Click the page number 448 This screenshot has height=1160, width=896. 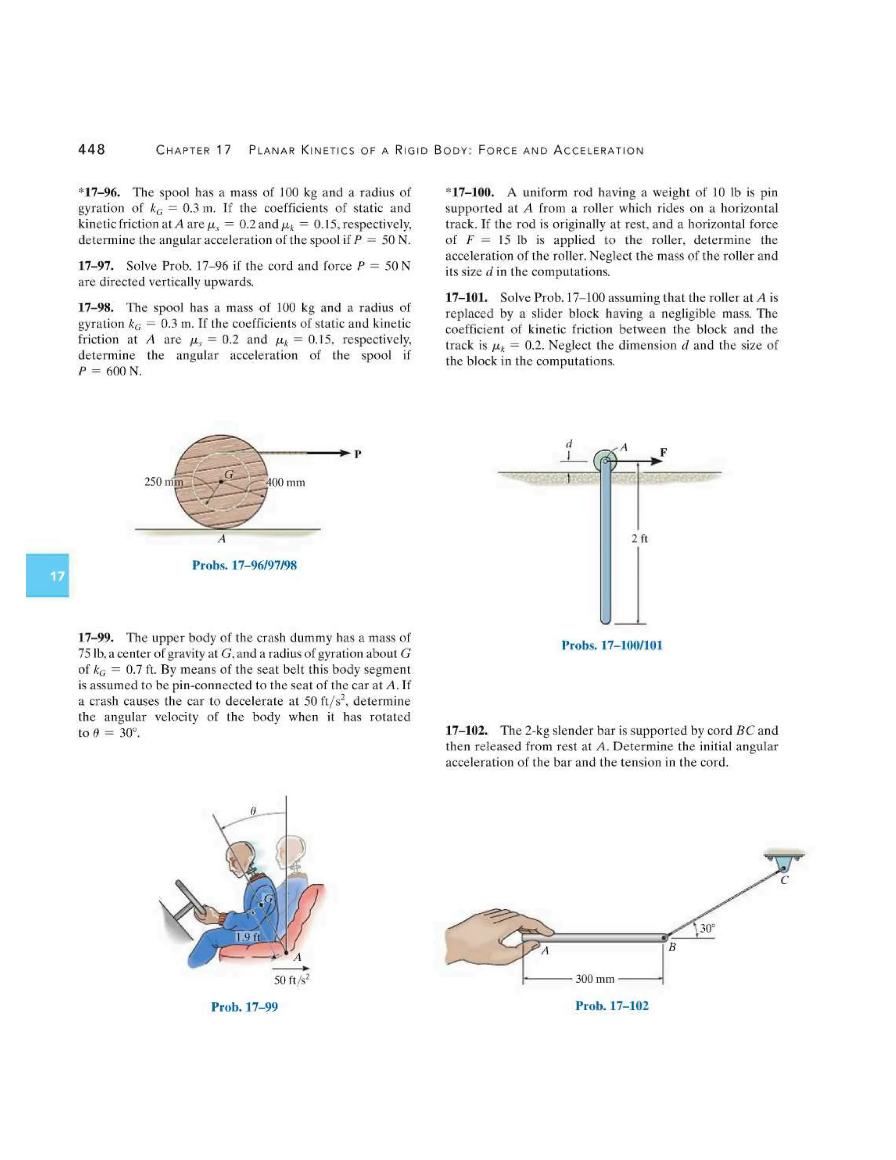point(91,150)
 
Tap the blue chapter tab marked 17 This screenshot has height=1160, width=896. point(48,575)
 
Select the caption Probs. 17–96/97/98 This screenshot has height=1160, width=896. point(244,565)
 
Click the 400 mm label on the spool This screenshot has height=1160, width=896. point(286,482)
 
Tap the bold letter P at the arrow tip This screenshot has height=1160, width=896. point(357,454)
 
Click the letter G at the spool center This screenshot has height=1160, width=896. point(228,475)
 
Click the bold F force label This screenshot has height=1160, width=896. point(663,453)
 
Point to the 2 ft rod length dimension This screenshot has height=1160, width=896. point(640,538)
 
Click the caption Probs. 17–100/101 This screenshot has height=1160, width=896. point(612,645)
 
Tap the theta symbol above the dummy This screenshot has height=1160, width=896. point(253,811)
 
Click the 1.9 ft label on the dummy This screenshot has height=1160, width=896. point(247,937)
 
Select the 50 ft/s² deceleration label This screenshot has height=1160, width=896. point(292,980)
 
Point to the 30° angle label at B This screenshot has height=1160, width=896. point(707,928)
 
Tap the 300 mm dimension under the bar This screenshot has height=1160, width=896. point(595,978)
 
